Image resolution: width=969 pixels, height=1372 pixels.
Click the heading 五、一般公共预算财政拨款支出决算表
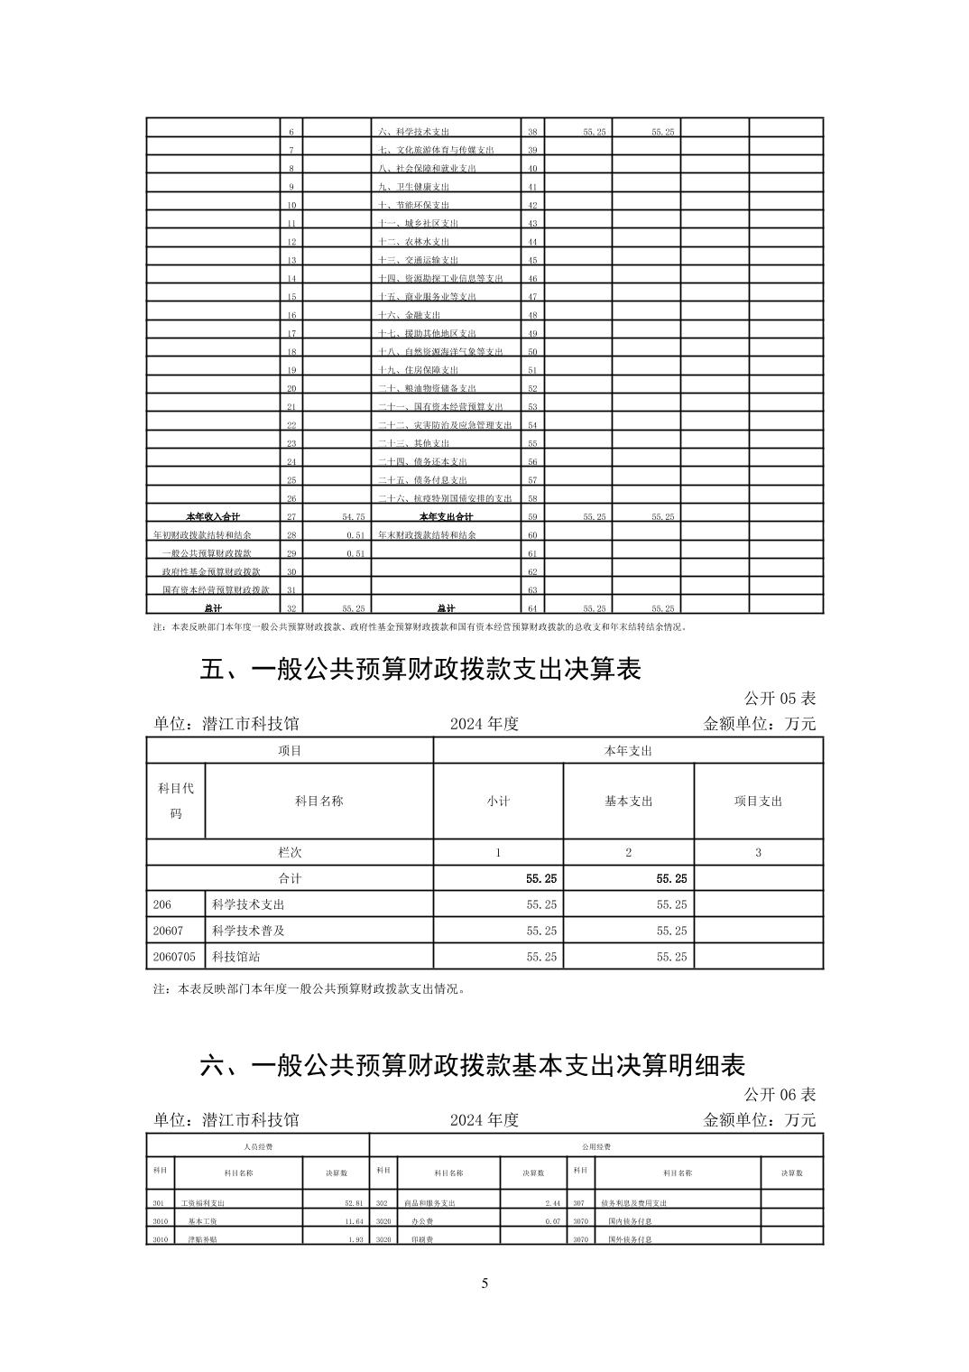point(420,670)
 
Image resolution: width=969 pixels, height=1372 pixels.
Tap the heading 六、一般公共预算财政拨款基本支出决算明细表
point(472,1065)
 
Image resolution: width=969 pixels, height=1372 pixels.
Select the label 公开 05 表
point(780,699)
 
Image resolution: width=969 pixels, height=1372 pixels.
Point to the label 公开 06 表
point(780,1095)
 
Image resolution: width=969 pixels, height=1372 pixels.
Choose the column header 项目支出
point(758,802)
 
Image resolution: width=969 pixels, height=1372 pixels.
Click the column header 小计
point(498,802)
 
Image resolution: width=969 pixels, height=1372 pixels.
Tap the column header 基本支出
point(628,802)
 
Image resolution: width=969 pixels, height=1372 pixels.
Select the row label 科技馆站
point(235,957)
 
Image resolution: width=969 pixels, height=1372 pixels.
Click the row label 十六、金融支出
point(410,315)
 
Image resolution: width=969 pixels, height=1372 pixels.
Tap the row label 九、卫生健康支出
point(414,187)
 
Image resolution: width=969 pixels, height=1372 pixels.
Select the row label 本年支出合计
point(446,517)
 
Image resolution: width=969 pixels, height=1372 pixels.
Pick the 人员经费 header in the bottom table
point(258,1146)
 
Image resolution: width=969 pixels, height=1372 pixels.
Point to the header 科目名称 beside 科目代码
point(318,802)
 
